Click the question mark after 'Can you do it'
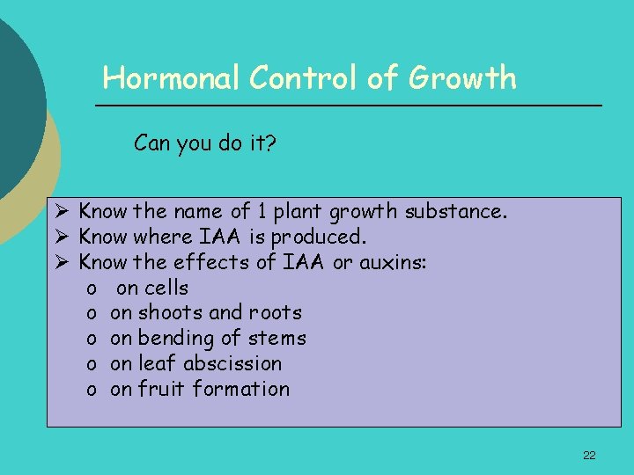coord(271,142)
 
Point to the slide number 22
coord(589,455)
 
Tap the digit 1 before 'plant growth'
coord(262,211)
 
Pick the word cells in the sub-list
coord(166,288)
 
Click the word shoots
coord(171,313)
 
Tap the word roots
coord(275,313)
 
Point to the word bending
coord(175,339)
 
